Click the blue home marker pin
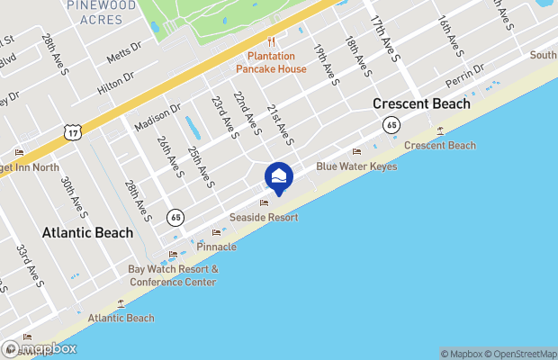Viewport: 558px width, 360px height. pos(279,176)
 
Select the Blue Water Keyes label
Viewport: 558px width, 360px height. pos(356,166)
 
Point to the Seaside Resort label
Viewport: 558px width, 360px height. pos(263,217)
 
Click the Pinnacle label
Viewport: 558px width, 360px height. pos(215,246)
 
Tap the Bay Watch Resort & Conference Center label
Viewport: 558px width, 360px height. pos(173,275)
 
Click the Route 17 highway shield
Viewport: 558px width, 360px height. pos(73,132)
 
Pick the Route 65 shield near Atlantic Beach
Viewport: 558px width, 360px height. pos(175,216)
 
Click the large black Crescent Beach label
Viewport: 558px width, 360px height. pos(421,103)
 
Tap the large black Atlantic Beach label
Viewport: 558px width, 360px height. pos(87,232)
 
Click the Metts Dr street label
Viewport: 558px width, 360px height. pos(124,53)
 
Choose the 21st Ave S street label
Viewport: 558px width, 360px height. pos(280,123)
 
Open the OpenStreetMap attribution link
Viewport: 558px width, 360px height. pos(523,354)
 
